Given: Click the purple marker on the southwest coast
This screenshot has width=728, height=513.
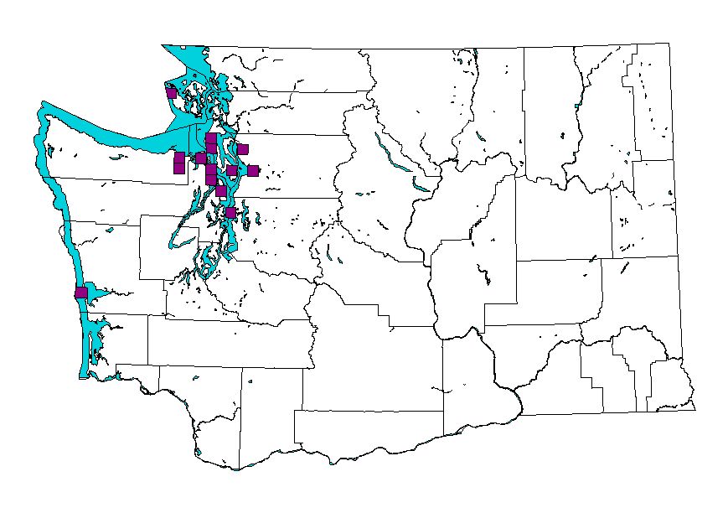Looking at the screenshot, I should click(81, 293).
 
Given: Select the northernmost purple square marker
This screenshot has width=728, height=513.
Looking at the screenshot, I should click(171, 92).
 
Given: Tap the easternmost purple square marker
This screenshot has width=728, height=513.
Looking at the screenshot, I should click(253, 171).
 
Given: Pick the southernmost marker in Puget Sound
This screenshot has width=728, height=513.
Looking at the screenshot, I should click(230, 213).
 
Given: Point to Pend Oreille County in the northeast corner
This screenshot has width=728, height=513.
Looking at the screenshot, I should click(652, 101).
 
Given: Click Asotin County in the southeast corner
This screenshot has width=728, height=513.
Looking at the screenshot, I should click(670, 381).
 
